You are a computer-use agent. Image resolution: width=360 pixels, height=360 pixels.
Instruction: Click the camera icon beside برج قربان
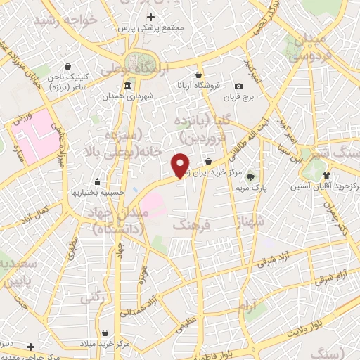(249, 86)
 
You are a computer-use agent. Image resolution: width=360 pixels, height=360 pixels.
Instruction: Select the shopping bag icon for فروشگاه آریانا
(199, 75)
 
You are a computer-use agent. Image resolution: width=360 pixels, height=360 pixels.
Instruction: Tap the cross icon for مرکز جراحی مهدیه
(30, 347)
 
